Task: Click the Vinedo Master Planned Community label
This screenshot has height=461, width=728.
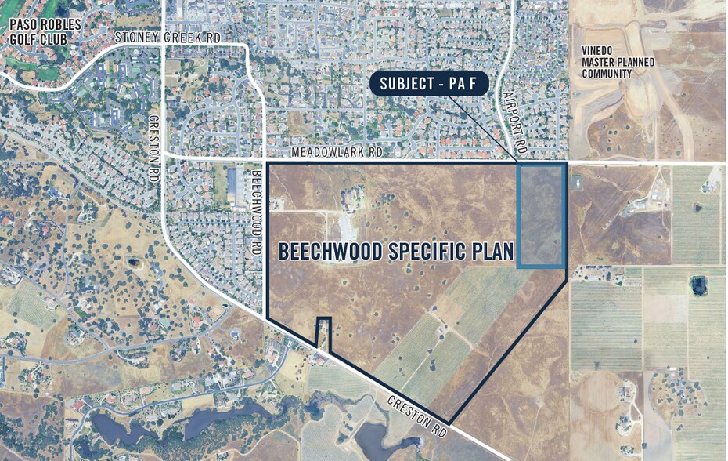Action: (x=607, y=63)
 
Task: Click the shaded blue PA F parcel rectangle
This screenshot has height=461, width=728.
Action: (x=542, y=216)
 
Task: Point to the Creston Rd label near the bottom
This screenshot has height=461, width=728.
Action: (x=419, y=416)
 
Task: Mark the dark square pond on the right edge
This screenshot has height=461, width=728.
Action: (x=697, y=285)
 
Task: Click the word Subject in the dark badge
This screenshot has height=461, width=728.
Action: (x=408, y=84)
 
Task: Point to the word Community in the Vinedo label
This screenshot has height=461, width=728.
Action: (x=607, y=74)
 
